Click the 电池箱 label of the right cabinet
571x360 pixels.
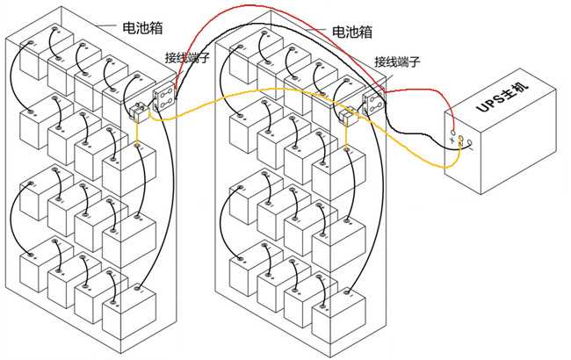(x=351, y=31)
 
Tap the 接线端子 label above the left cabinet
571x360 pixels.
(x=188, y=58)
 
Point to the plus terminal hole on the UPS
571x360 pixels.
(x=453, y=134)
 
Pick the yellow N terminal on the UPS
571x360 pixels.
(x=459, y=140)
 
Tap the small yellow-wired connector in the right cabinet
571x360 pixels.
(x=346, y=115)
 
